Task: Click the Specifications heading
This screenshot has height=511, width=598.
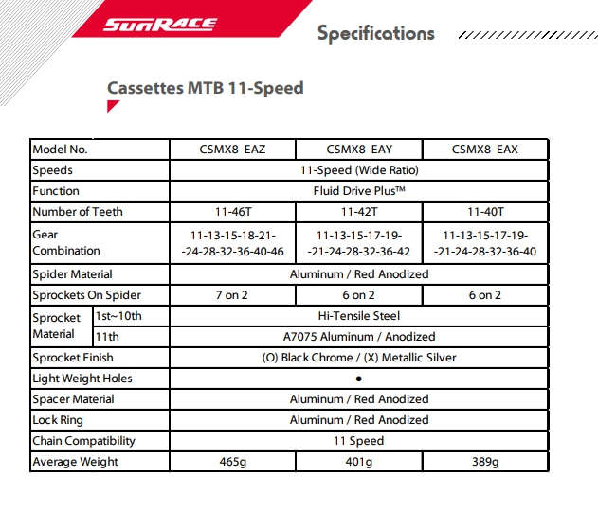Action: pos(375,34)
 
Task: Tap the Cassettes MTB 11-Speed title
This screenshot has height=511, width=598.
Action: pos(205,88)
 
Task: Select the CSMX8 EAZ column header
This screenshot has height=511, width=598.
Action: pos(232,150)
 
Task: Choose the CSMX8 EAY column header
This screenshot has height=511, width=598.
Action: pos(359,150)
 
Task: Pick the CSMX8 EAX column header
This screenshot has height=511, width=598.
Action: pos(485,150)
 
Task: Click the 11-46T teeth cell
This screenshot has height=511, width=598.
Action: pos(232,212)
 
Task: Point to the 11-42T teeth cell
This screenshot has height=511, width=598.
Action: pos(359,212)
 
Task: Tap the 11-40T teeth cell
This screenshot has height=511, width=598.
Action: pos(485,212)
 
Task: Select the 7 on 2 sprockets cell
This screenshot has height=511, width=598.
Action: pos(232,295)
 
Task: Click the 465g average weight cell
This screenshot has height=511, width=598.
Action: pos(232,462)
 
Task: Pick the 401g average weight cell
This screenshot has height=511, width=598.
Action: pos(359,462)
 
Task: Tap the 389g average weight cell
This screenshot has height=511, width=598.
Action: pos(485,462)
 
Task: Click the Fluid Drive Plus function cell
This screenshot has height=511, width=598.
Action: pos(359,191)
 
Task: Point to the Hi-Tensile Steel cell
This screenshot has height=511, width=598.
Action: pos(359,316)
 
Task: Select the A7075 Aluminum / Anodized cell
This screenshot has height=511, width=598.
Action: pos(359,337)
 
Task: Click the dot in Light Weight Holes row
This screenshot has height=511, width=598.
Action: pos(359,379)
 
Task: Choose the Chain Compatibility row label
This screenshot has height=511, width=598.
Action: pos(83,441)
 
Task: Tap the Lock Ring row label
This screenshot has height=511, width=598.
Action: pos(59,420)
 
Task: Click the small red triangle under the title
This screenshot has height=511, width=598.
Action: pos(112,107)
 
